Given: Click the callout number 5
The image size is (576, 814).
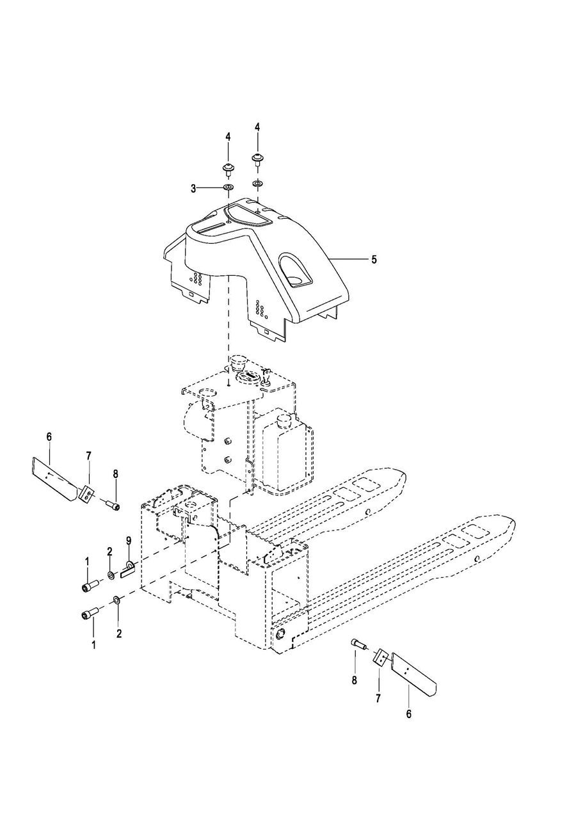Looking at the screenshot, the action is (374, 259).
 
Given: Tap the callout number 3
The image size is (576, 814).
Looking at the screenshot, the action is (194, 189).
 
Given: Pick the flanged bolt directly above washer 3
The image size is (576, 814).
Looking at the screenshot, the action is (228, 170).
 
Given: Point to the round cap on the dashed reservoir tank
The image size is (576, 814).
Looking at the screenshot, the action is (284, 421).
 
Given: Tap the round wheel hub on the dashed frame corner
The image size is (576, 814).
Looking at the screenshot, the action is (281, 634).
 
